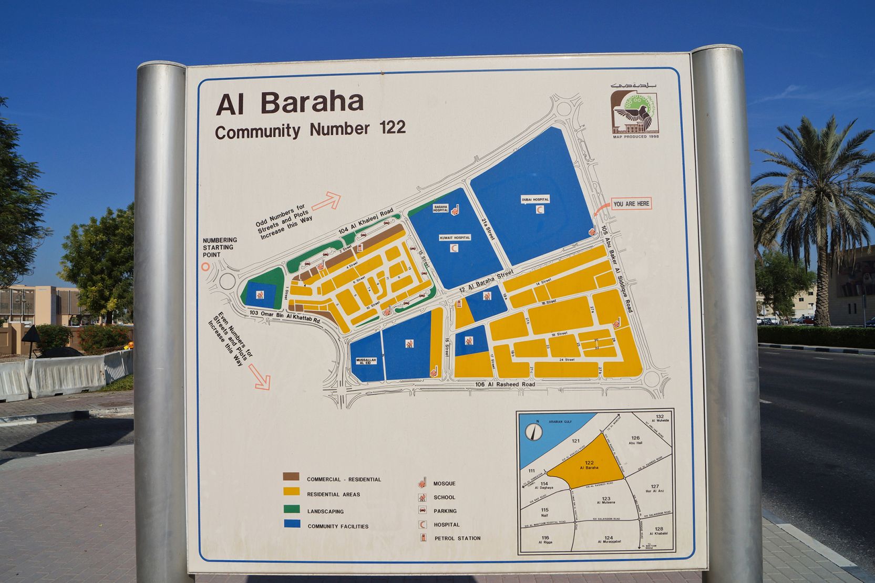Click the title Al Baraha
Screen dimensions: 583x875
[x=290, y=103]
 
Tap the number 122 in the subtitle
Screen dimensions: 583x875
[x=392, y=128]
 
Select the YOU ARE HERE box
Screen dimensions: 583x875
[x=631, y=204]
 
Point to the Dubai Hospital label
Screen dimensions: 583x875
[x=535, y=200]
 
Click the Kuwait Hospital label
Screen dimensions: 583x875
[x=455, y=238]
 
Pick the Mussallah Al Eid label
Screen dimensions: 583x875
[x=367, y=361]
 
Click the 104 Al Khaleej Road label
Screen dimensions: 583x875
[x=366, y=221]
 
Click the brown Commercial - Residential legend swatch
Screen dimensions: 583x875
[x=291, y=477]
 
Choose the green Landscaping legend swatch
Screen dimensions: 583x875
[x=291, y=509]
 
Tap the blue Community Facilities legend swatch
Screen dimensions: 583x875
[x=292, y=524]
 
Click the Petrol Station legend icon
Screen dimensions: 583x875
[x=423, y=537]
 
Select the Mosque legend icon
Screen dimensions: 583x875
[x=422, y=482]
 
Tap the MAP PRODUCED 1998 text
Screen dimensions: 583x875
[x=635, y=137]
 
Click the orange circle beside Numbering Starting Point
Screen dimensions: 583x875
[x=205, y=267]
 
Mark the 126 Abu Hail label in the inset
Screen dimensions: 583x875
[x=635, y=440]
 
